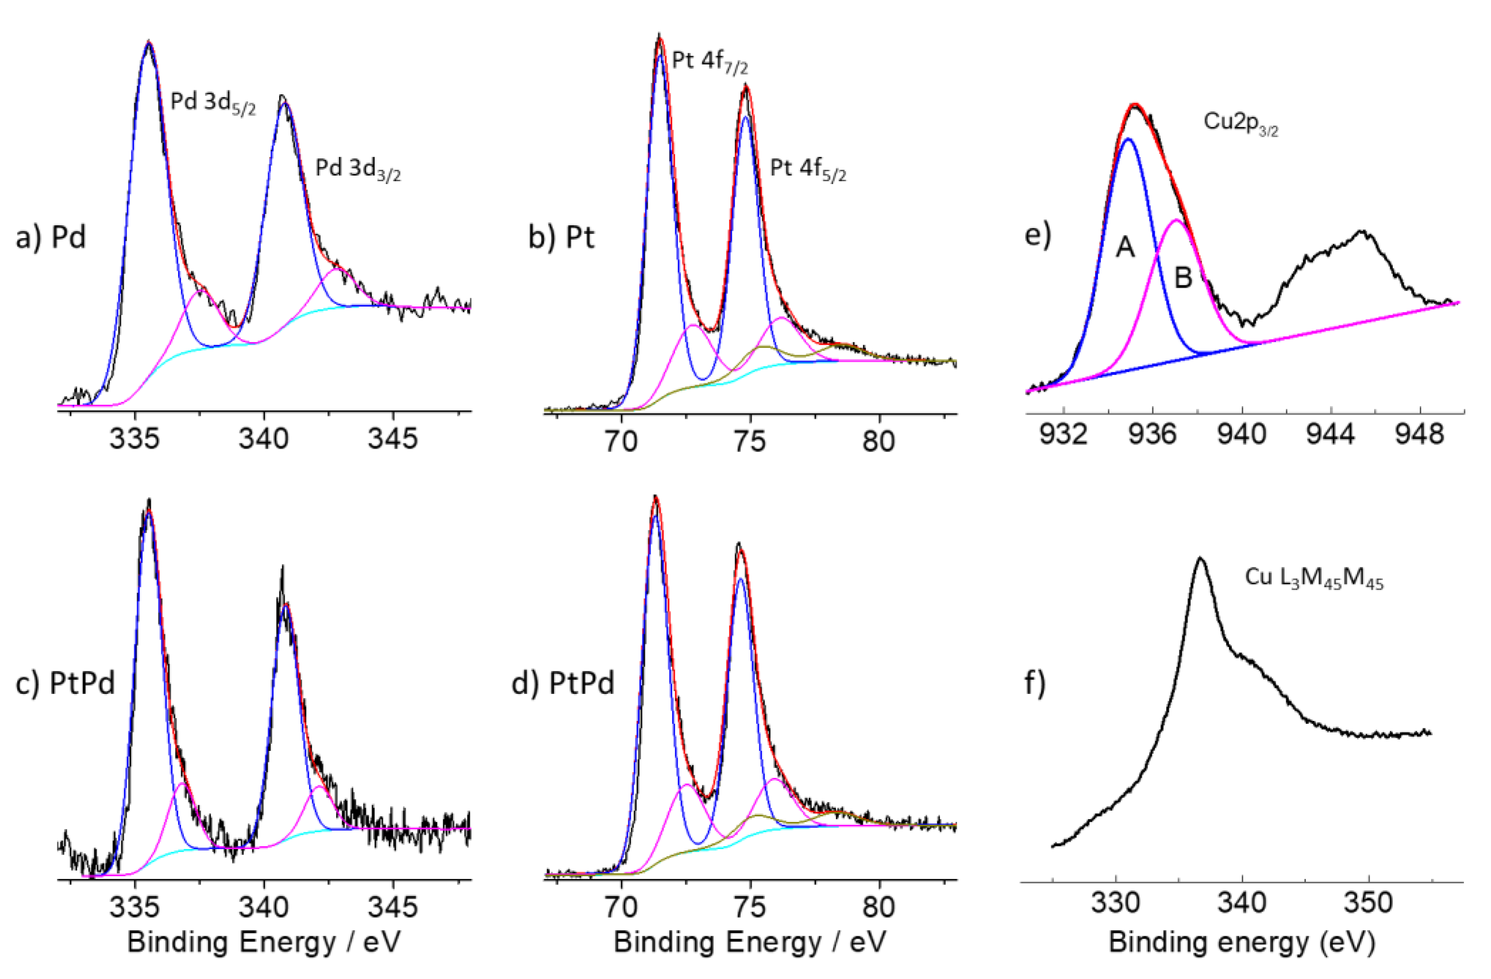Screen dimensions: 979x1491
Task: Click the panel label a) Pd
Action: tap(50, 238)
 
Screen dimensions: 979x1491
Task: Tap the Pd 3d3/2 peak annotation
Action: tap(358, 169)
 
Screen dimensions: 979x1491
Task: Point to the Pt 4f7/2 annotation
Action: tap(710, 62)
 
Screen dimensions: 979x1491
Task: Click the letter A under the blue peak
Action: tap(1125, 248)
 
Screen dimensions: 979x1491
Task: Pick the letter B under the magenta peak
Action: tap(1183, 278)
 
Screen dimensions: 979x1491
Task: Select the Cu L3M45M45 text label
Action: tap(1314, 578)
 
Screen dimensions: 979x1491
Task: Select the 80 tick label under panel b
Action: tap(878, 441)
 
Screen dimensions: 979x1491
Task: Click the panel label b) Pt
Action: tap(561, 238)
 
